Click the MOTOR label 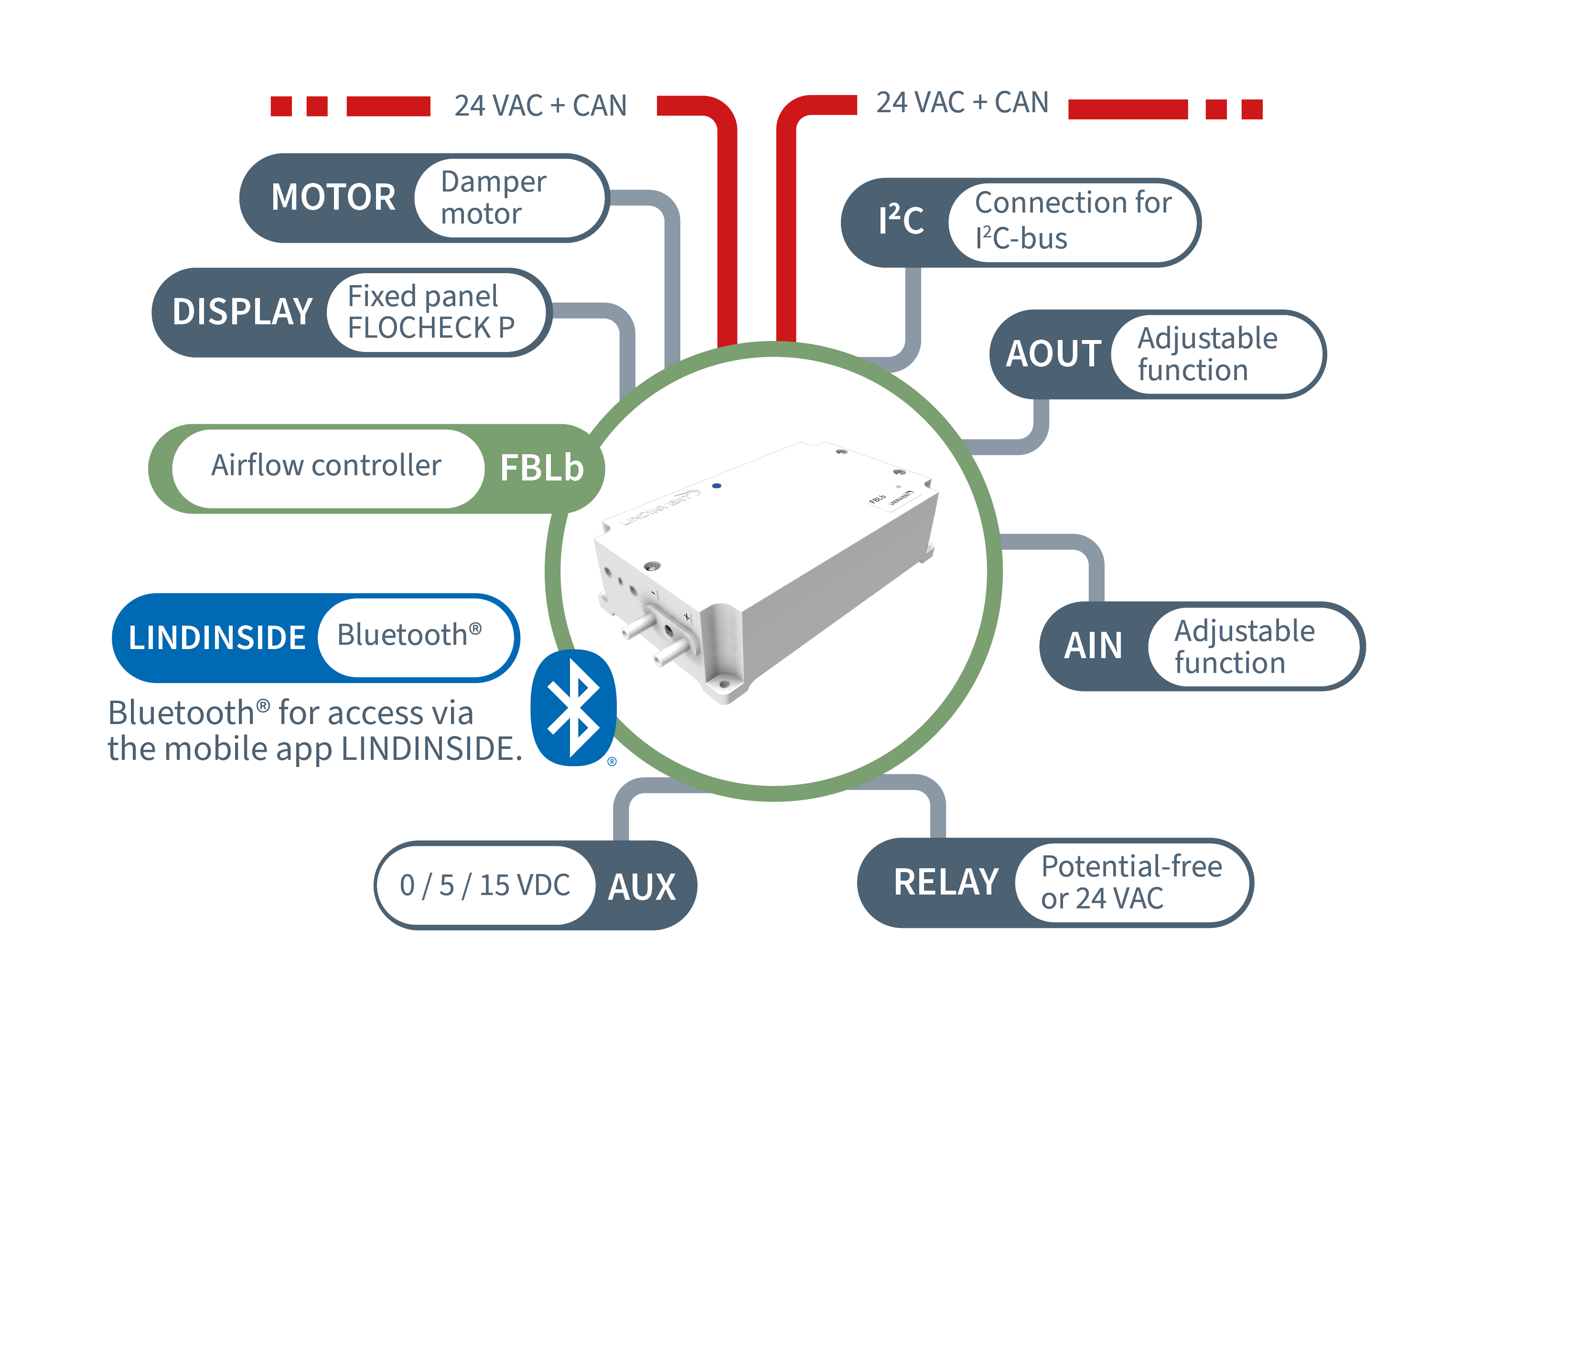tap(333, 197)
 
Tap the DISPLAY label tap(243, 312)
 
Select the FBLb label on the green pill tap(541, 468)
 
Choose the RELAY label tap(946, 882)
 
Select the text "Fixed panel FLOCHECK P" tap(431, 312)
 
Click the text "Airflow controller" tap(326, 465)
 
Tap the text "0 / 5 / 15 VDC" tap(485, 885)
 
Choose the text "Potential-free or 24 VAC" tap(1132, 882)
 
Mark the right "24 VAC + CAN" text tap(962, 102)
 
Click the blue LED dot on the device tap(716, 486)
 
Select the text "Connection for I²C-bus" tap(1073, 220)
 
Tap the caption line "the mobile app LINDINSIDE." tap(315, 749)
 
